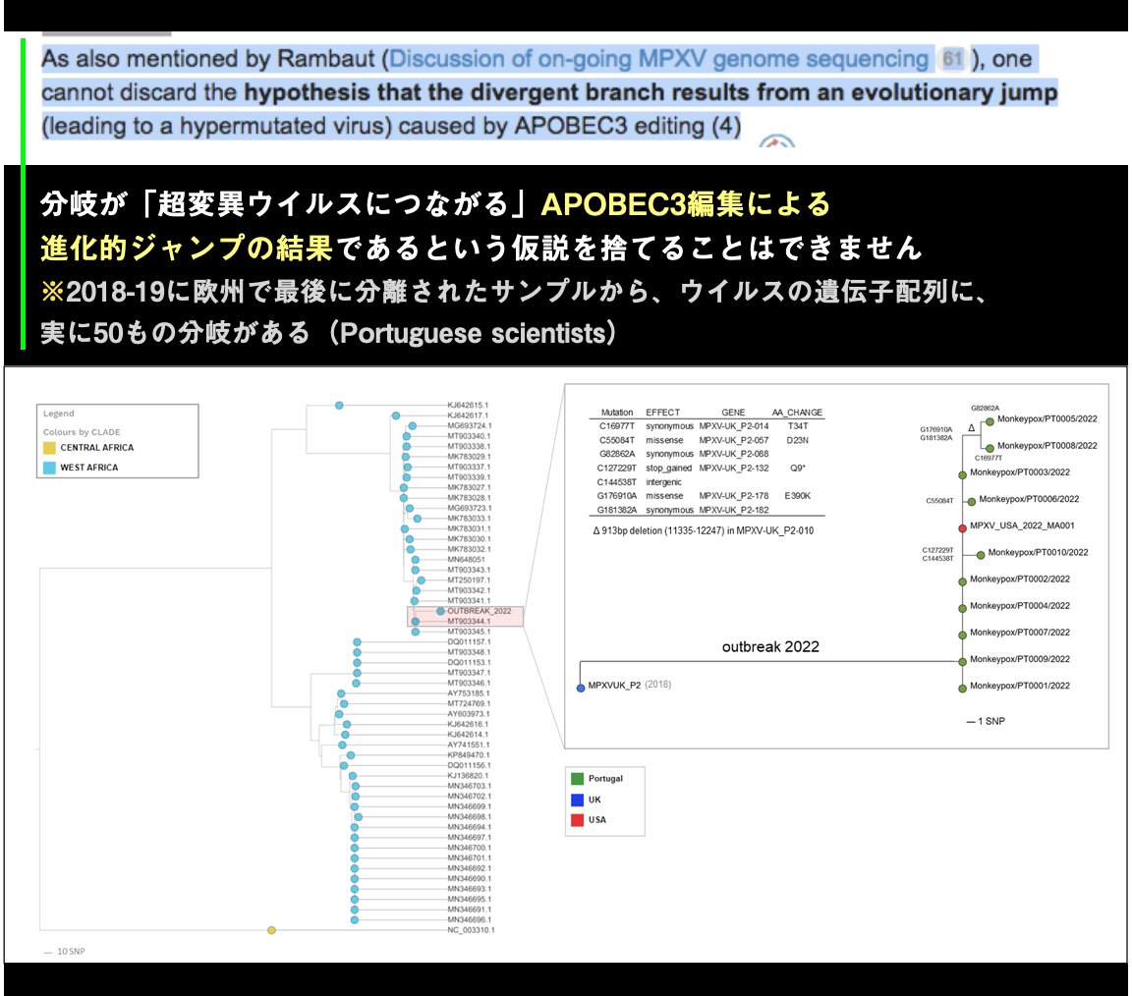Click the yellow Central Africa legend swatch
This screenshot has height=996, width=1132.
click(x=49, y=448)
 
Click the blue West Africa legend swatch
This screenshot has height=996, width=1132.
click(x=49, y=468)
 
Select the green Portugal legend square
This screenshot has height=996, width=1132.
click(x=576, y=778)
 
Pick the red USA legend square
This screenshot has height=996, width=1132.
click(x=576, y=819)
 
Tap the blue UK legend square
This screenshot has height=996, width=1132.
click(x=576, y=800)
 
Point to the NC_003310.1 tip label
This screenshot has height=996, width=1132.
click(x=471, y=929)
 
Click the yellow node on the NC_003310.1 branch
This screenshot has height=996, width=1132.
click(x=272, y=929)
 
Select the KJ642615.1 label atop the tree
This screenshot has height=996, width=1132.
click(x=468, y=405)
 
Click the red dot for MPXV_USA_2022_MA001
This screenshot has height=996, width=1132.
click(x=961, y=526)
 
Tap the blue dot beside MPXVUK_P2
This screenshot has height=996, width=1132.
click(x=581, y=687)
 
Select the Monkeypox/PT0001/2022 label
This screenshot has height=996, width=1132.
click(x=1020, y=686)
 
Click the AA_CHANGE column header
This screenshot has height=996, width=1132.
click(x=797, y=413)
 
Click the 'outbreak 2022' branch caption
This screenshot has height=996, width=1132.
click(x=770, y=647)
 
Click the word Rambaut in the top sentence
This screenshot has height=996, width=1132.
click(x=331, y=59)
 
